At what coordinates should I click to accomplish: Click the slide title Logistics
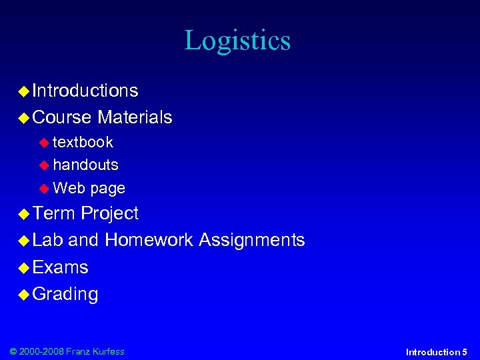(x=237, y=41)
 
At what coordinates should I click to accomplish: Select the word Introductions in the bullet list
(x=85, y=91)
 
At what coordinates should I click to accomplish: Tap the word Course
(x=61, y=118)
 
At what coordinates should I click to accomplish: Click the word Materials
(x=135, y=118)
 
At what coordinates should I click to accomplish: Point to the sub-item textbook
(x=83, y=142)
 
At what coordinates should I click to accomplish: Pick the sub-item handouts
(x=85, y=165)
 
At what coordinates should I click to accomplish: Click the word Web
(x=69, y=188)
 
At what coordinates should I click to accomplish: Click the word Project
(x=109, y=214)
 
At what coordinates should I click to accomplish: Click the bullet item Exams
(x=60, y=267)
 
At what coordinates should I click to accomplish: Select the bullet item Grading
(x=65, y=295)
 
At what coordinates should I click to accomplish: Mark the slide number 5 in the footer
(x=464, y=351)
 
